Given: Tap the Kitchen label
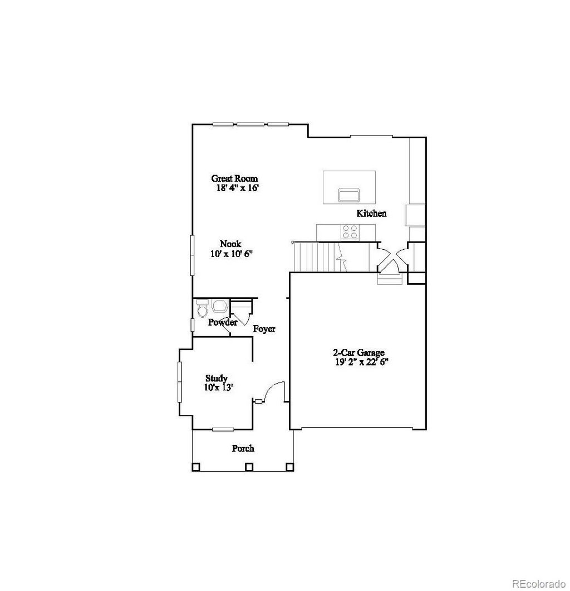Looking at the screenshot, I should [x=371, y=213].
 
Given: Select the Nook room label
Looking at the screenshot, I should [x=230, y=244].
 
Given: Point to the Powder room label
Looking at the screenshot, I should [x=223, y=322].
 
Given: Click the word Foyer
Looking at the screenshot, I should [x=264, y=329].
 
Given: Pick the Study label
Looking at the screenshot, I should [x=216, y=378].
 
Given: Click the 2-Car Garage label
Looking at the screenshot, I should [x=358, y=352].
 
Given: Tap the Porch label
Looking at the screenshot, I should [x=243, y=448].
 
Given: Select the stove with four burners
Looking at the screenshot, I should [x=350, y=231].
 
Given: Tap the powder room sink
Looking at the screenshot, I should [x=219, y=306].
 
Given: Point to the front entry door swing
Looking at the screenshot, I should [x=274, y=391].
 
